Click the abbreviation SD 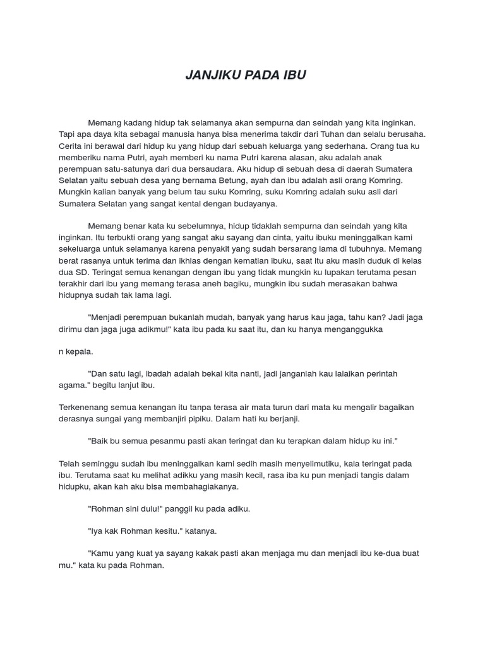point(87,272)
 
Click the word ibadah point(155,374)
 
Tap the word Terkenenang point(85,408)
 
